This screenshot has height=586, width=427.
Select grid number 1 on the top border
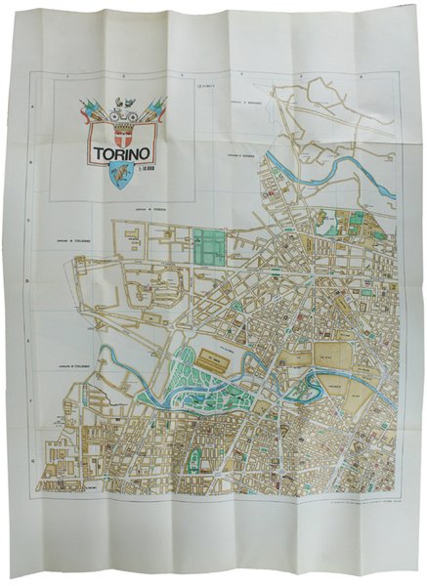(67, 76)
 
